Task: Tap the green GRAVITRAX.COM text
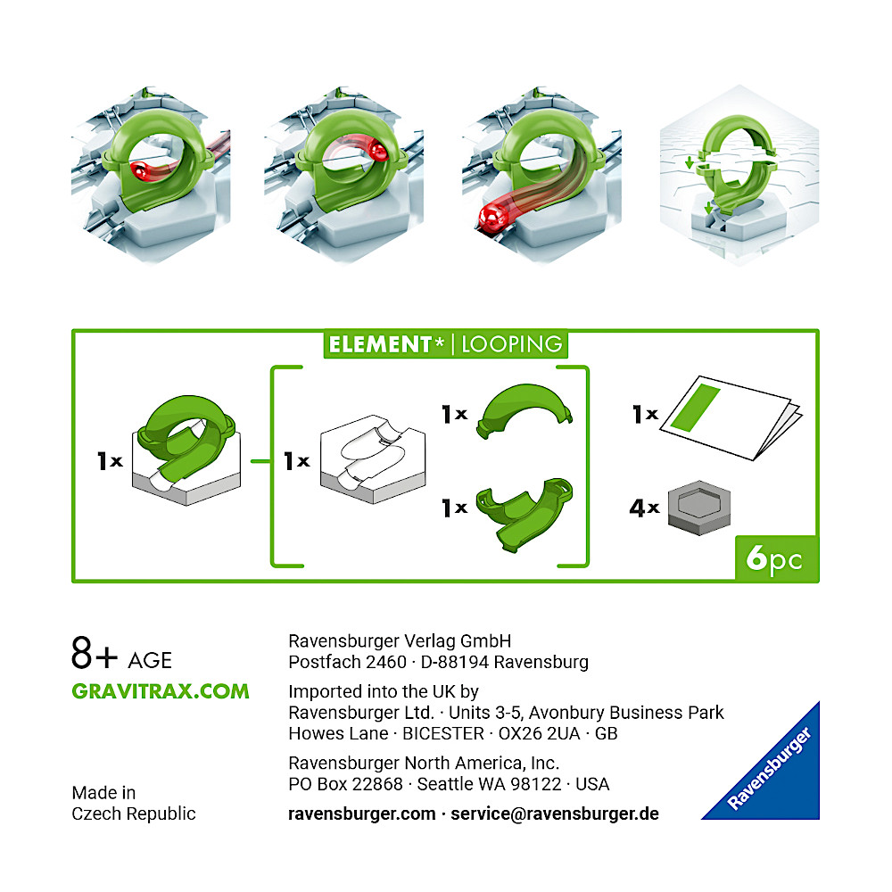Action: coord(161,691)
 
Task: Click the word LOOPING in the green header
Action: coord(511,344)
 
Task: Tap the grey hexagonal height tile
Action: coord(699,508)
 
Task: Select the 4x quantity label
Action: coord(644,508)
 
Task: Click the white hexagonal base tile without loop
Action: coord(373,458)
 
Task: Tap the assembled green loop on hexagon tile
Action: coord(186,450)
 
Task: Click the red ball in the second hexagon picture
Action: coord(377,151)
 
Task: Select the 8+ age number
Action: coord(95,653)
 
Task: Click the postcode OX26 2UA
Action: coord(540,734)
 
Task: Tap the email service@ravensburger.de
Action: coord(555,814)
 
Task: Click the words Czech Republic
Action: coord(134,814)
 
